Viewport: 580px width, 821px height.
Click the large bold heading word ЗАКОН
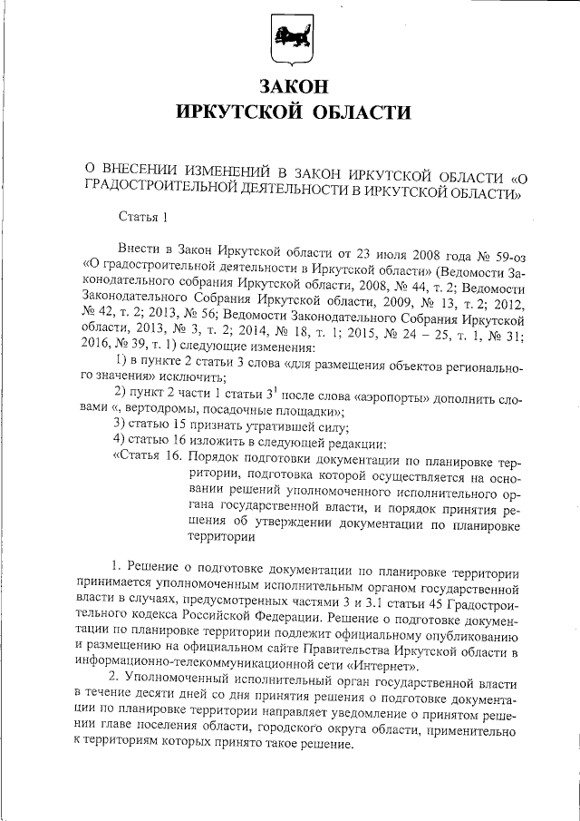pyautogui.click(x=292, y=87)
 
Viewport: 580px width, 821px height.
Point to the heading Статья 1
pyautogui.click(x=144, y=216)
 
